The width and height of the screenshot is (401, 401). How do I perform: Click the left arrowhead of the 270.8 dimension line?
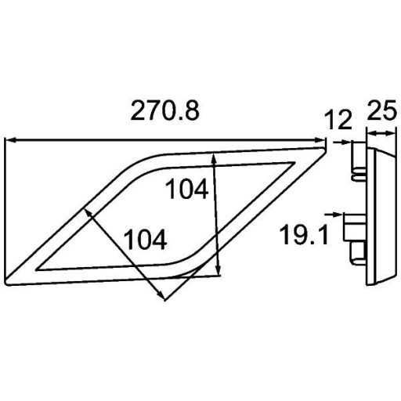click(x=9, y=141)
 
